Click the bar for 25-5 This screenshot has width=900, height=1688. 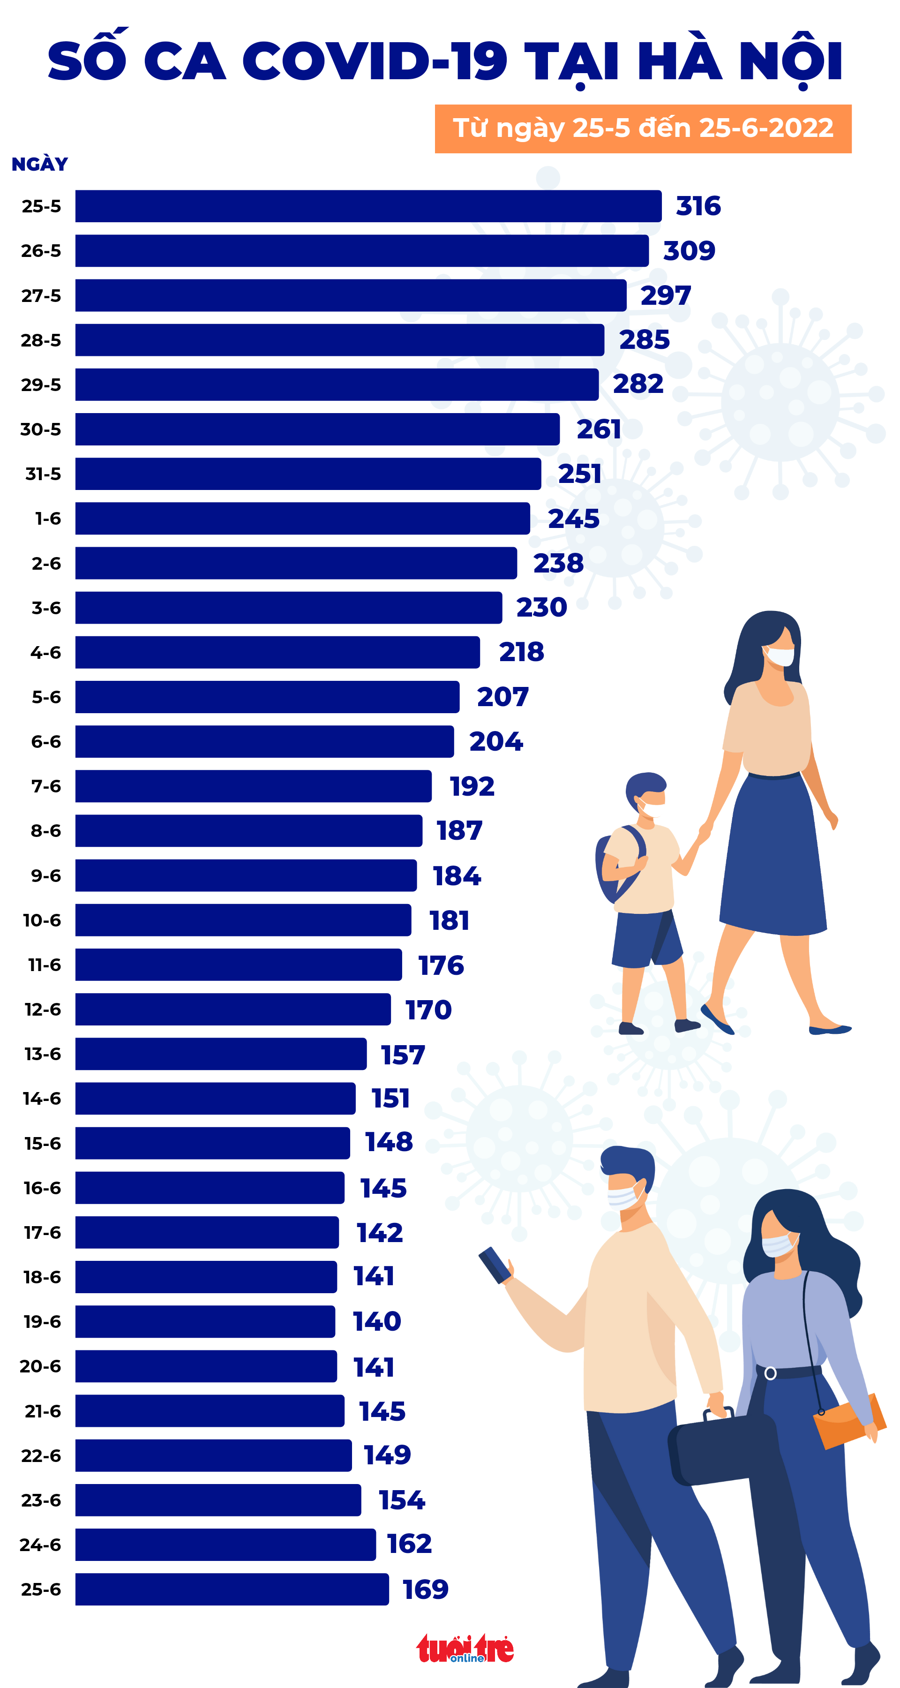367,206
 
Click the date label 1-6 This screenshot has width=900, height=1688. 47,519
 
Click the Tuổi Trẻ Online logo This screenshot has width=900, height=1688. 465,1649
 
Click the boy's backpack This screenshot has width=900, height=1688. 613,865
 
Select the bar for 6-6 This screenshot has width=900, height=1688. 264,741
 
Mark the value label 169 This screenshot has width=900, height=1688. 425,1589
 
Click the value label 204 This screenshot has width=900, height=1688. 496,741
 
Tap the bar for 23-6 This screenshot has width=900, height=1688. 217,1500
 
